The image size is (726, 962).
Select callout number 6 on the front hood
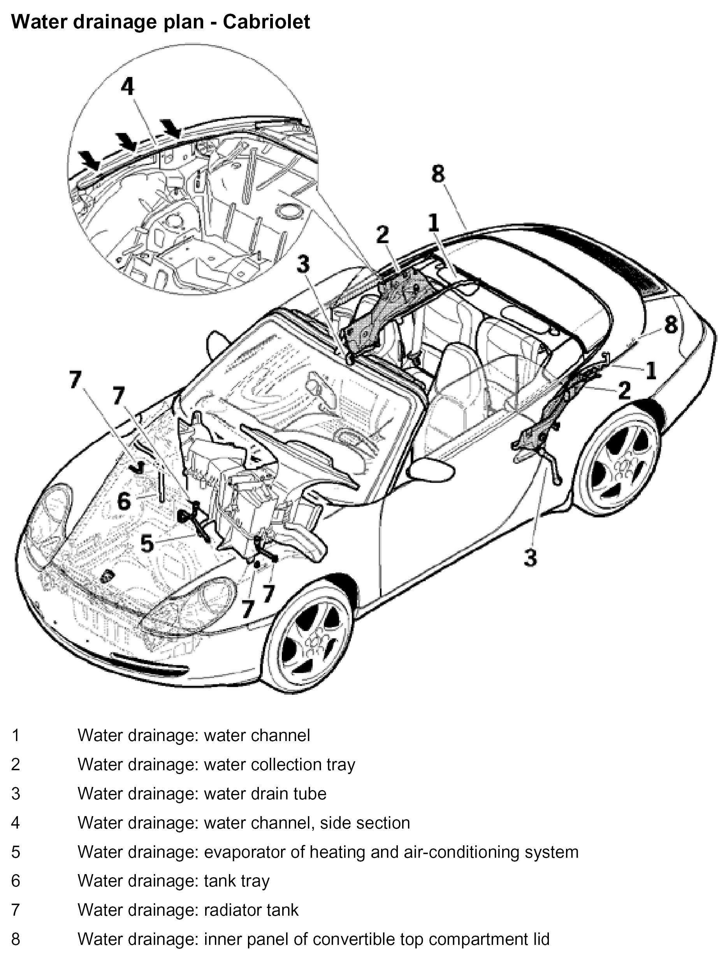pos(124,501)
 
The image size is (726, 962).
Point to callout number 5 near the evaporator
pos(147,543)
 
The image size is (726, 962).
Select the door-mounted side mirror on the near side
pos(431,471)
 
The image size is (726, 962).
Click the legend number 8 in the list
pos(16,939)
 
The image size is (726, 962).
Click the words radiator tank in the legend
pos(251,910)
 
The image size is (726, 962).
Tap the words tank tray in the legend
pos(237,881)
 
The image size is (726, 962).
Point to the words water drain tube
pos(265,794)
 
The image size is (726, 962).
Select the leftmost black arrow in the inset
pos(89,159)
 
